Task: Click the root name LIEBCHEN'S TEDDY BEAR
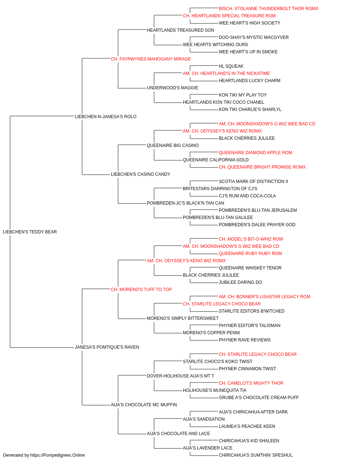tap(30, 232)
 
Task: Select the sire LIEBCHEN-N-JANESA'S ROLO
tap(105, 117)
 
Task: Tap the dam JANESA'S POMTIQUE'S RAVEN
tap(107, 347)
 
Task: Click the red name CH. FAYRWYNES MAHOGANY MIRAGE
tap(151, 59)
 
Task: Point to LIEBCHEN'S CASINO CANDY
tap(140, 174)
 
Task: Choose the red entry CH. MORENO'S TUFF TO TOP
tap(141, 289)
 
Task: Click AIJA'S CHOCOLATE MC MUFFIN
tap(144, 404)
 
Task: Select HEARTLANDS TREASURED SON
tap(180, 30)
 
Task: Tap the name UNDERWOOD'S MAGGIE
tap(172, 88)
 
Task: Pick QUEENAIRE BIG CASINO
tap(173, 145)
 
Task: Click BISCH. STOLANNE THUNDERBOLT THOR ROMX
tap(269, 9)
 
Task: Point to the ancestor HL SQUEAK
tap(231, 66)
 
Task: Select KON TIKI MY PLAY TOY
tap(243, 95)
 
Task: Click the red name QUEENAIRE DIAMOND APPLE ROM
tap(256, 153)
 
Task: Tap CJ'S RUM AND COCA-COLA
tap(247, 196)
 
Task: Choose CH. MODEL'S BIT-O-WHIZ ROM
tap(251, 239)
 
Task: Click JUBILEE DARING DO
tap(240, 282)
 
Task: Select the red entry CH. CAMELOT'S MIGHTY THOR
tap(251, 383)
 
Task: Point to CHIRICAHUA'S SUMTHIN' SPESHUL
tap(256, 455)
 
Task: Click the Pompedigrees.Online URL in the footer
tap(57, 455)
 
